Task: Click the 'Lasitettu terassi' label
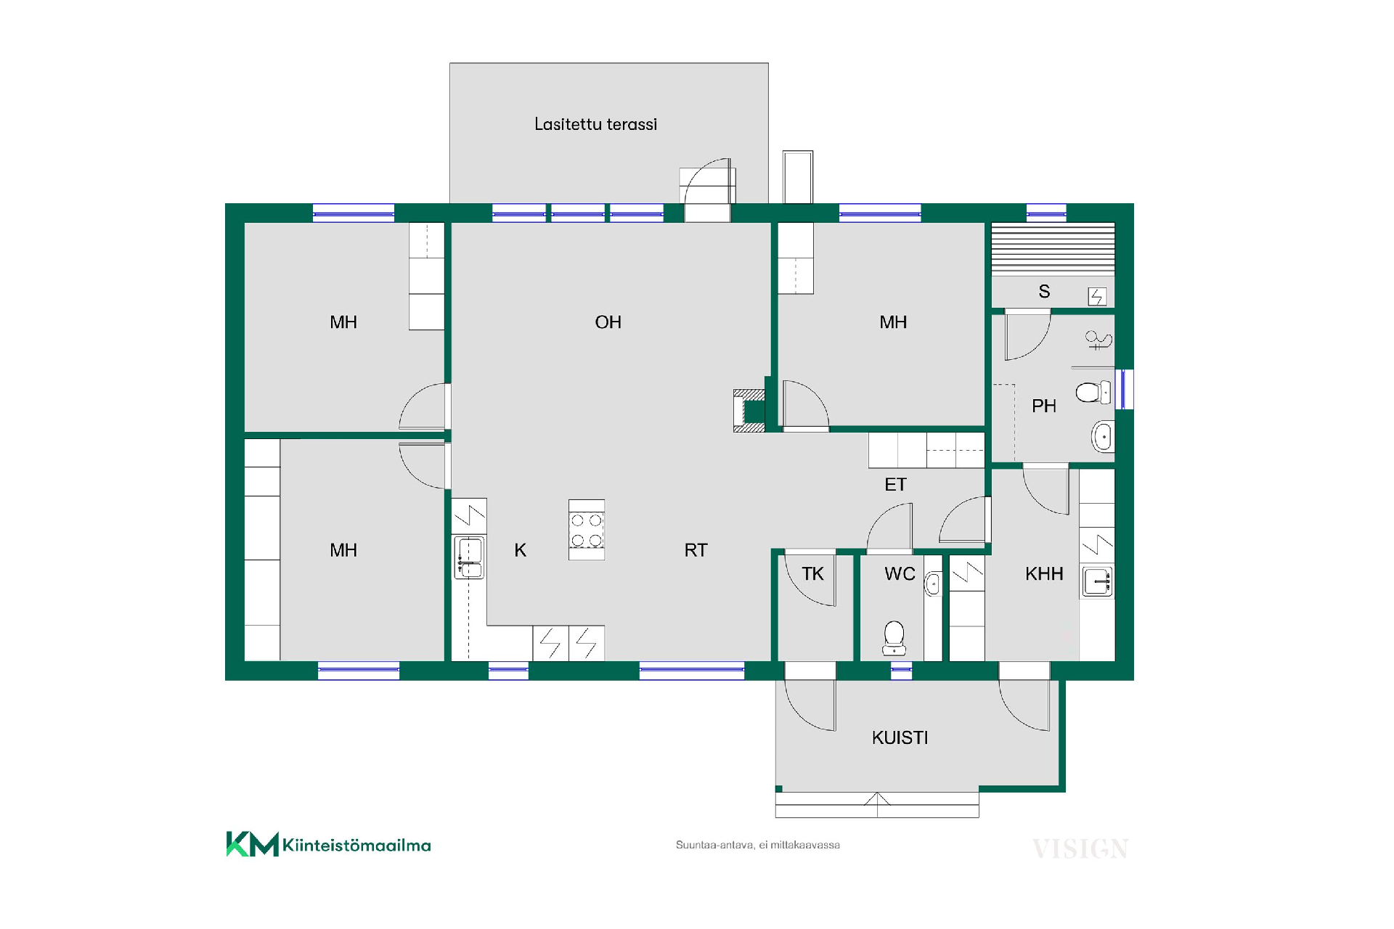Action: point(595,124)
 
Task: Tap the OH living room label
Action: point(608,322)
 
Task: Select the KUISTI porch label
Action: point(900,738)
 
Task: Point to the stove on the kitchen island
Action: point(587,530)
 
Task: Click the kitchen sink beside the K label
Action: point(469,557)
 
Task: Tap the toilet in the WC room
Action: point(894,637)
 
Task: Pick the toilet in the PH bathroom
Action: point(1093,393)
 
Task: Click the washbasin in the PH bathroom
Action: point(1102,437)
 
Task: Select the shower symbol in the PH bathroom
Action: point(1098,339)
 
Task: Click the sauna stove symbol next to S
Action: point(1096,296)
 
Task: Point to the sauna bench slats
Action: point(1053,249)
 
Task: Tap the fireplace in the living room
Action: point(749,411)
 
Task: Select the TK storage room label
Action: point(812,574)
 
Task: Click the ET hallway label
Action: point(895,484)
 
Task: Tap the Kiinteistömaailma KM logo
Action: point(328,844)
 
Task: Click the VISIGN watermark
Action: point(1080,848)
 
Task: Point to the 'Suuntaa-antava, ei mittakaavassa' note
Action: point(757,845)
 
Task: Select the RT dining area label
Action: point(696,550)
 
